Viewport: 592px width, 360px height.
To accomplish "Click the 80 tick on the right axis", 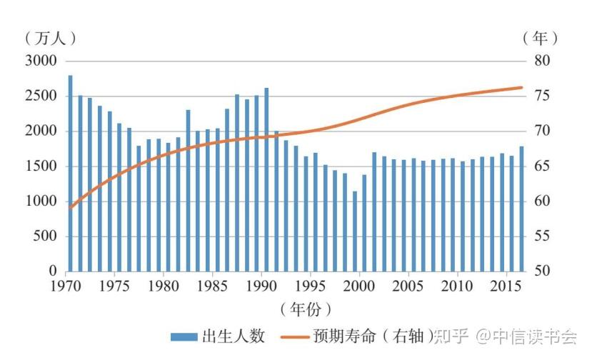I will pos(542,61).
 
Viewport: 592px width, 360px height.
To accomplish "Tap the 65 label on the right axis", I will pos(542,166).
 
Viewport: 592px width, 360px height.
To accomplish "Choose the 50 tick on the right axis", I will pos(542,271).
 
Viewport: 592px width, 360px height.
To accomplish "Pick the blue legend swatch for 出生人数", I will pos(184,337).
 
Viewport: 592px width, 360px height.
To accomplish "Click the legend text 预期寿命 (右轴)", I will pos(372,336).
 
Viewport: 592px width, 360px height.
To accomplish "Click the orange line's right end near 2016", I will pos(522,88).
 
